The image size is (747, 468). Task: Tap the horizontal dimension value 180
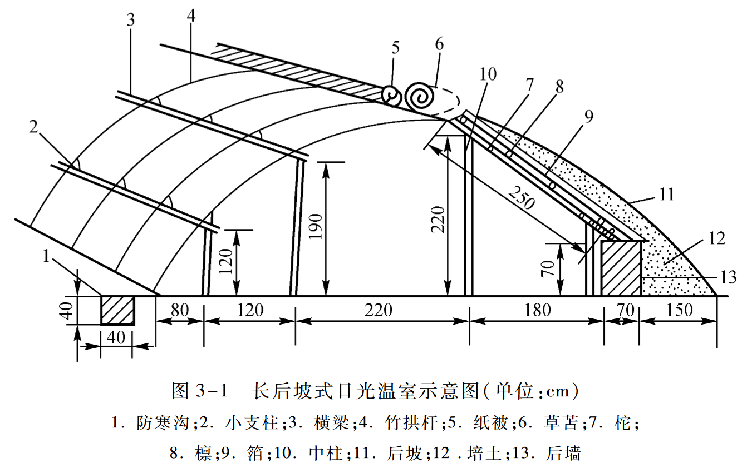point(537,310)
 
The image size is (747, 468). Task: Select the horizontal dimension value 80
point(179,310)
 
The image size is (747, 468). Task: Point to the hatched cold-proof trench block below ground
point(118,310)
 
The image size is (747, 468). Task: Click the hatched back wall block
point(621,268)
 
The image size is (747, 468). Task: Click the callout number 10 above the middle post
point(485,74)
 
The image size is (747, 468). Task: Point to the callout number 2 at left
point(33,127)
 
